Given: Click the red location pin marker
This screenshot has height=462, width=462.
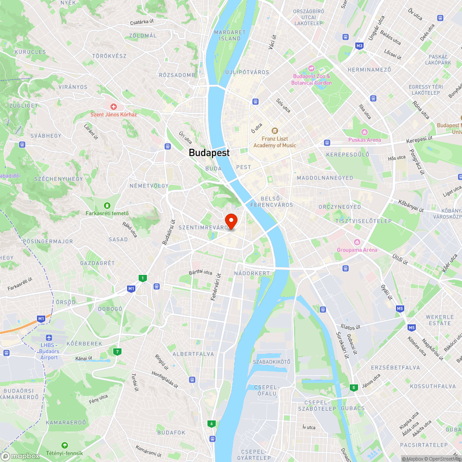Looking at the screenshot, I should pyautogui.click(x=231, y=221).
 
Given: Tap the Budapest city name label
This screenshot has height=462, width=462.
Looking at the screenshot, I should pyautogui.click(x=209, y=152).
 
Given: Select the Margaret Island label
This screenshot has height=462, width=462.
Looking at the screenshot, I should pyautogui.click(x=230, y=35).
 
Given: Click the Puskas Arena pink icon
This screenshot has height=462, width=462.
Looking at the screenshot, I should pyautogui.click(x=365, y=132).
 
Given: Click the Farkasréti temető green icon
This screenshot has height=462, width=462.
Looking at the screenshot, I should pyautogui.click(x=107, y=205).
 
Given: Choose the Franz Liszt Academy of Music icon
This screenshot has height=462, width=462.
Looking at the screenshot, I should pyautogui.click(x=274, y=131).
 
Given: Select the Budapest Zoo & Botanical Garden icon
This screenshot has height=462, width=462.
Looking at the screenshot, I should pyautogui.click(x=311, y=68).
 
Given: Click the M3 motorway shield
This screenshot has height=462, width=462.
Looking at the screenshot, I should pyautogui.click(x=359, y=46).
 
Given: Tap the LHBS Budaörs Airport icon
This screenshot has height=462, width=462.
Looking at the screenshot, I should pyautogui.click(x=49, y=338).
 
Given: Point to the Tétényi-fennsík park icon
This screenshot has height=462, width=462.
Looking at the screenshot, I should pyautogui.click(x=64, y=445).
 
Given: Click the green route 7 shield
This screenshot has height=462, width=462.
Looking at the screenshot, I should pyautogui.click(x=118, y=352).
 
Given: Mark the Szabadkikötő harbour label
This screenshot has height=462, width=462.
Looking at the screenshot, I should pyautogui.click(x=272, y=361).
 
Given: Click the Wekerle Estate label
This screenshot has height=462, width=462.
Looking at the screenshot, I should pyautogui.click(x=440, y=320).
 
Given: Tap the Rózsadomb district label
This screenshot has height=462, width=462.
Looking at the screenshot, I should pyautogui.click(x=177, y=75).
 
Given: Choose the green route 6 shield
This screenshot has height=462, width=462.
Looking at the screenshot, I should pyautogui.click(x=212, y=423).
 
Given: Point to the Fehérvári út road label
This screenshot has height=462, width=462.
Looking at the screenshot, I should pyautogui.click(x=215, y=286).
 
